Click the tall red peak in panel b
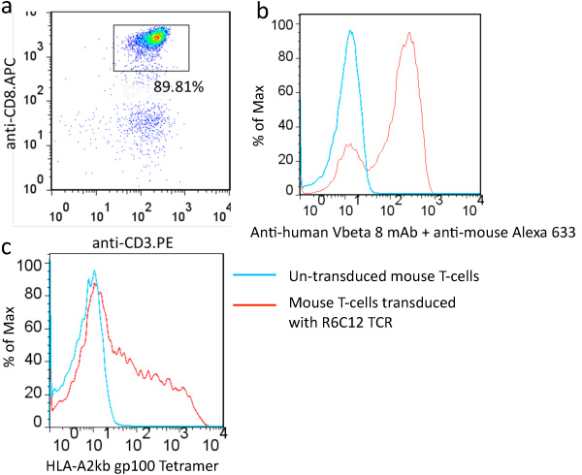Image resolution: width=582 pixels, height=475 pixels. (x=410, y=34)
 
